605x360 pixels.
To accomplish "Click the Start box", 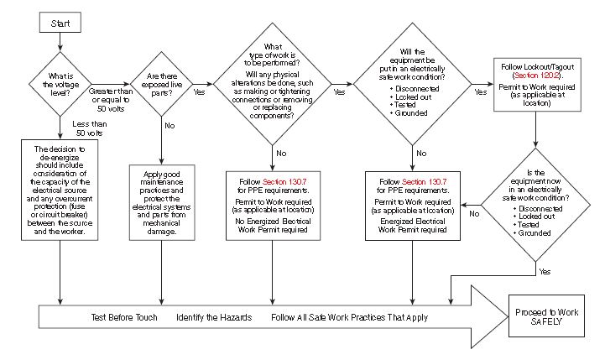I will pos(60,23).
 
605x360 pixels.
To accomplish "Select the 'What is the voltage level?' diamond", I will pos(61,82).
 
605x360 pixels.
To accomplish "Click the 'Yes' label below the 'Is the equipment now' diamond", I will pos(545,272).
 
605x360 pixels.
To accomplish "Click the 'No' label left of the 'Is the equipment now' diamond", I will pos(474,214).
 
